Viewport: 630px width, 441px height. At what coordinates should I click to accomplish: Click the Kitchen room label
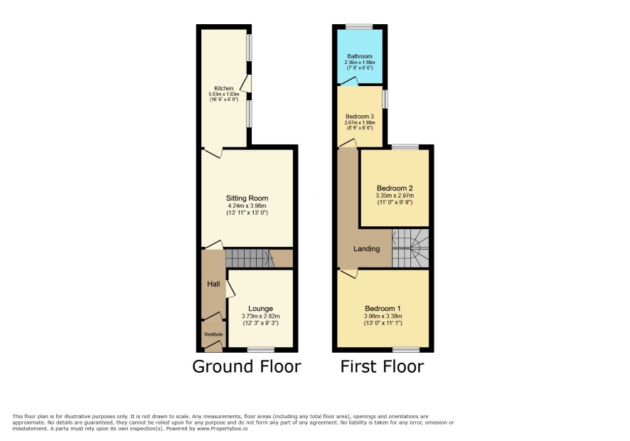point(224,88)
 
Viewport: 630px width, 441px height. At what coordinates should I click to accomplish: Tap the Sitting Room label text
point(247,198)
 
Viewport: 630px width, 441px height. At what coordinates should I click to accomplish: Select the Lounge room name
point(261,309)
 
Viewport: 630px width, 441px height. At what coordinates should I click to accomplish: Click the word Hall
point(213,285)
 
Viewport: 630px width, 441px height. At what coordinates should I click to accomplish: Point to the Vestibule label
point(213,334)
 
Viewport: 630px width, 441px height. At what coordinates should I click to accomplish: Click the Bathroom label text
point(360,57)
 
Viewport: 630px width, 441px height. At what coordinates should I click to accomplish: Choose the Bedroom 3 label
point(360,117)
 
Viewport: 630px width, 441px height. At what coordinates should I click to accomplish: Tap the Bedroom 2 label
point(395,188)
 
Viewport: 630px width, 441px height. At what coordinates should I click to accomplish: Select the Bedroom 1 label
point(383,309)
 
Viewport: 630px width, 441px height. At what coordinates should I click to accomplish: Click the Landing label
point(366,249)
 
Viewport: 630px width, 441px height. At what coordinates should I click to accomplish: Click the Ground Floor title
point(247,366)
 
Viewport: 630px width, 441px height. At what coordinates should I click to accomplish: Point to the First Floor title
point(382,366)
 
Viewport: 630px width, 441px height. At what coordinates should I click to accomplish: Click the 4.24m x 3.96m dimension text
point(247,206)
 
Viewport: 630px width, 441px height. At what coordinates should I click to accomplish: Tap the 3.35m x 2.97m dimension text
point(395,196)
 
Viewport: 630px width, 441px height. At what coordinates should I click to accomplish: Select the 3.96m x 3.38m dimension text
point(383,316)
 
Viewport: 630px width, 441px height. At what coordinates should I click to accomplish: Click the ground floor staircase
point(250,258)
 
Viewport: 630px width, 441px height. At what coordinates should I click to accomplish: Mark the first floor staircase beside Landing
point(410,248)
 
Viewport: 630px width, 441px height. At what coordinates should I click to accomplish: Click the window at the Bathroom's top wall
point(359,27)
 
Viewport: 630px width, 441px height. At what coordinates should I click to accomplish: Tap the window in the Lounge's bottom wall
point(261,350)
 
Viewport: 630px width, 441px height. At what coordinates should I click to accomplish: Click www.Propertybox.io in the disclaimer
point(222,428)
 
